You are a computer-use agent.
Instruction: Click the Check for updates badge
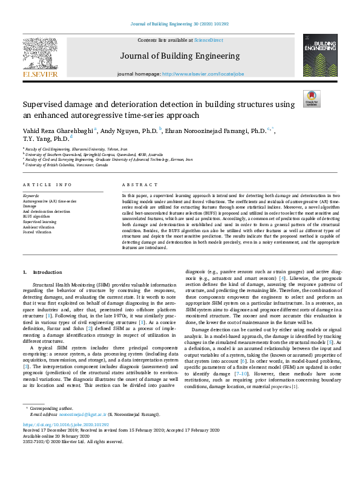coord(312,99)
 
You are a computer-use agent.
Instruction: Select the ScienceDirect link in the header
coord(208,41)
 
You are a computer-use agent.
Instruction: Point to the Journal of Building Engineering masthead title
coord(179,56)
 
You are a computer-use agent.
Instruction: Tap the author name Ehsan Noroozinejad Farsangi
coord(215,131)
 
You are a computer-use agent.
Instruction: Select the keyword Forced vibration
coord(37,232)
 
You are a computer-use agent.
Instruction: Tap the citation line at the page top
coord(180,24)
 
